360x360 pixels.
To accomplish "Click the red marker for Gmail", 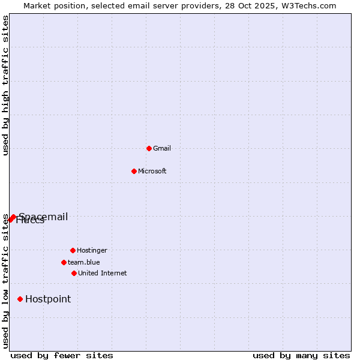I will click(x=149, y=148).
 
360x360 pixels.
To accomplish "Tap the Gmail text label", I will click(x=162, y=148).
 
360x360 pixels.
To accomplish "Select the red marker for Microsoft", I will click(x=134, y=171).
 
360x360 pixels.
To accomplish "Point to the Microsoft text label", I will click(x=152, y=171).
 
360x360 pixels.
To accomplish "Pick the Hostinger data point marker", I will click(x=73, y=250).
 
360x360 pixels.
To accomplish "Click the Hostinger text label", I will click(x=92, y=250).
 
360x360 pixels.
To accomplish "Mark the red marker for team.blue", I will click(x=64, y=262).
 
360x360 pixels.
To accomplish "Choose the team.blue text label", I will click(x=84, y=262).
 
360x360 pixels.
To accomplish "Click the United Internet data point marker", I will click(x=74, y=273).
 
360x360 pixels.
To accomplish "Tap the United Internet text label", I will click(x=103, y=273).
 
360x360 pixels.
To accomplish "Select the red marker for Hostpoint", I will click(x=20, y=299).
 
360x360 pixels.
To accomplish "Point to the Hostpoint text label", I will click(x=48, y=299).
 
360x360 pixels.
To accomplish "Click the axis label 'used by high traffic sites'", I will click(x=6, y=85).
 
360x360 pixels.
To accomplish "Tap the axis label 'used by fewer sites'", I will click(x=62, y=355).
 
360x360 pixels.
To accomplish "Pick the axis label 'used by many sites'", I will click(x=301, y=355).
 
